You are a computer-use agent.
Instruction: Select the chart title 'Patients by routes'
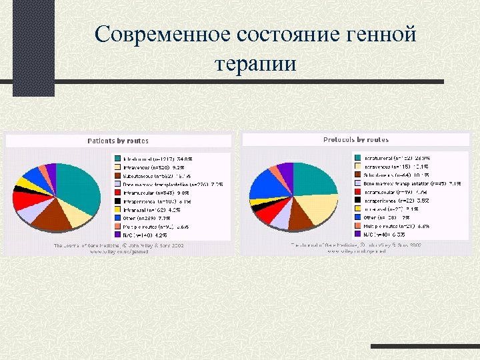[x=118, y=141]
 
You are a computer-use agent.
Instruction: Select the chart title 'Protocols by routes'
[x=355, y=140]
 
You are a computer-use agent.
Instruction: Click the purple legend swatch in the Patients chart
[x=117, y=235]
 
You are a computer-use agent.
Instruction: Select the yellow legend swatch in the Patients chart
[x=117, y=209]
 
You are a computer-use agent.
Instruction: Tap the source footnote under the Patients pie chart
[x=118, y=249]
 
